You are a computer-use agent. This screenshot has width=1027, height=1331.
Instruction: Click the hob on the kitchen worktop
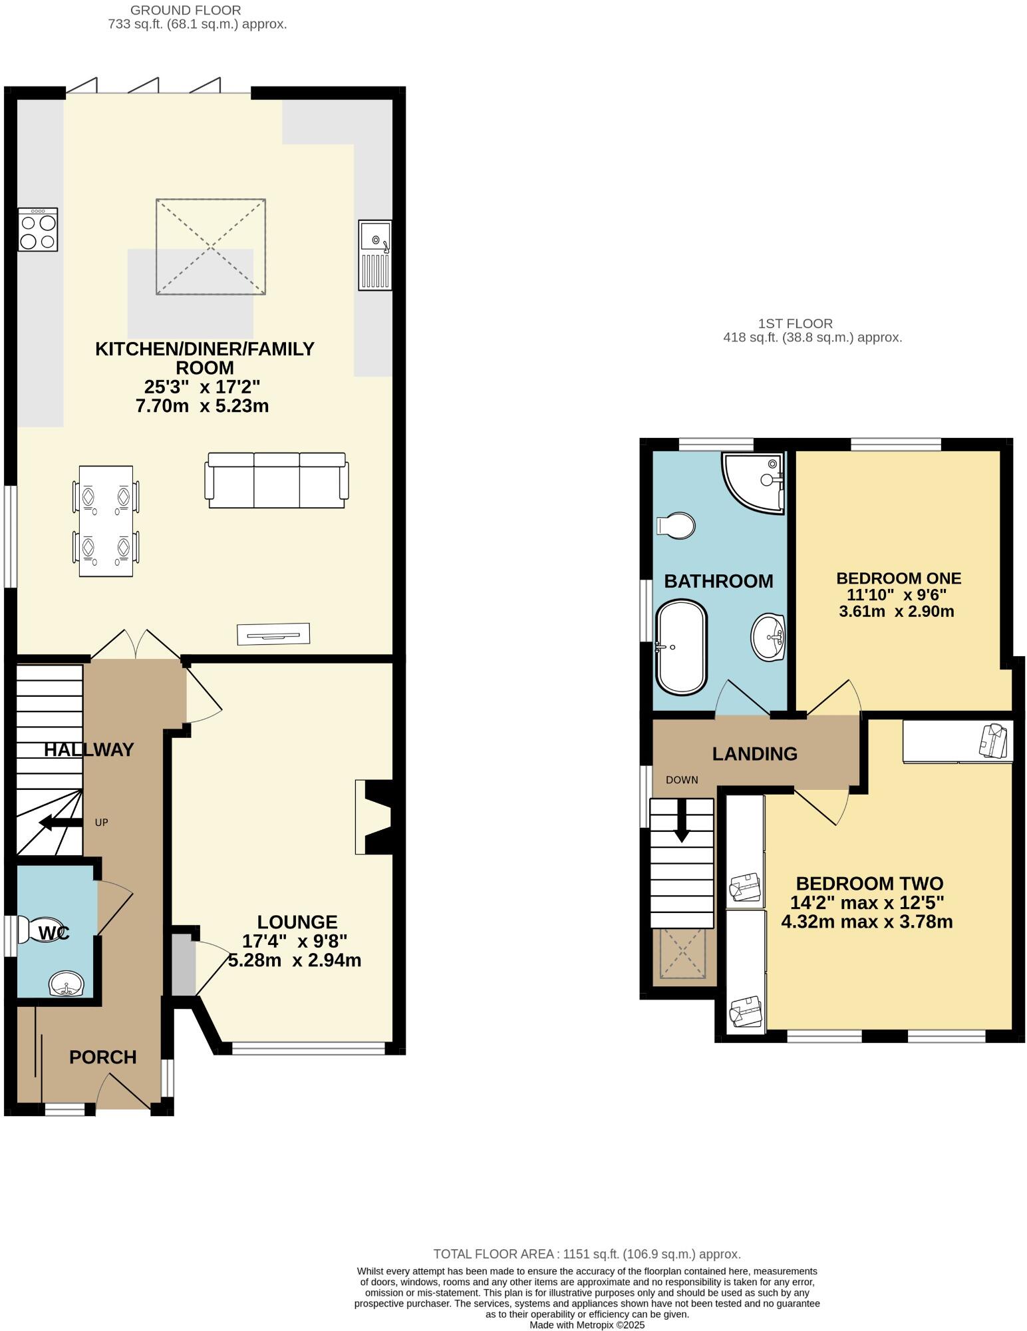[x=38, y=230]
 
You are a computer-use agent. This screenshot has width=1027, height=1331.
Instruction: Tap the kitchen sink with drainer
[x=375, y=256]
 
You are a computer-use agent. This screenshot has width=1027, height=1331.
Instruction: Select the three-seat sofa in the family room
[x=277, y=480]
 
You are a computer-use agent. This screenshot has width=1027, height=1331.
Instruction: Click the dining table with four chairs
[x=106, y=521]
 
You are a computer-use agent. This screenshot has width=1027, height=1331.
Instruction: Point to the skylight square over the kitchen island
[x=211, y=246]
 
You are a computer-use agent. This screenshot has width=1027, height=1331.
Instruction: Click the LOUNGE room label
[x=297, y=922]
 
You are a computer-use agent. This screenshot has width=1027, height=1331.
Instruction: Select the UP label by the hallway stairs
[x=101, y=823]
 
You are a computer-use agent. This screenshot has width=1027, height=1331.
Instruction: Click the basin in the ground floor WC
[x=67, y=984]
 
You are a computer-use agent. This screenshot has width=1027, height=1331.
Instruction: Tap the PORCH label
[x=102, y=1057]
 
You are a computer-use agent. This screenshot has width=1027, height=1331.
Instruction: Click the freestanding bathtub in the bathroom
[x=681, y=647]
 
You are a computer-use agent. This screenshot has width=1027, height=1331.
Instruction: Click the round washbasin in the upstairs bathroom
[x=768, y=637]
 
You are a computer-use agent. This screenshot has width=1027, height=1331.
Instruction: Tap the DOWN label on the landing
[x=682, y=780]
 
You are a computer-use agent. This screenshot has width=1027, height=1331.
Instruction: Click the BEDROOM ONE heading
[x=898, y=578]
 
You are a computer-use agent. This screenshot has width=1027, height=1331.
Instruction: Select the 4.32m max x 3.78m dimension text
[x=867, y=922]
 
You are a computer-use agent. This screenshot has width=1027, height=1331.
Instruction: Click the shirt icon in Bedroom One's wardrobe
[x=994, y=741]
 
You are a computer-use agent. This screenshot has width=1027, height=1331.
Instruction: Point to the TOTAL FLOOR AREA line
[x=587, y=1254]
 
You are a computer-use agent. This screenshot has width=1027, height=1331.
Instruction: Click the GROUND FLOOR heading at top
[x=186, y=10]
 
